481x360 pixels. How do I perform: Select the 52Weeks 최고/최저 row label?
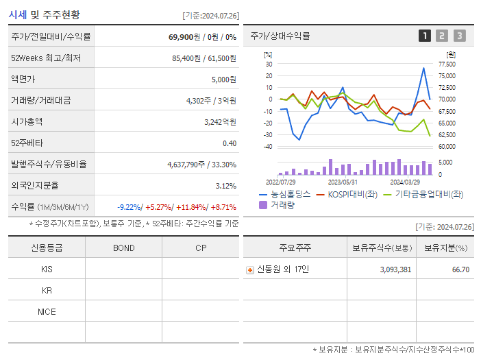(x=46, y=58)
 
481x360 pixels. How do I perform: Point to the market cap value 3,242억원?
(x=220, y=121)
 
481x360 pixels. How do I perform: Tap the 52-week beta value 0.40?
(x=229, y=143)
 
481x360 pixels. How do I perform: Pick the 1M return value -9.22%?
(x=130, y=206)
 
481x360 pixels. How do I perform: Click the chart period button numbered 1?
(x=425, y=36)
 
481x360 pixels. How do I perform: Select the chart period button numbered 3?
(x=459, y=36)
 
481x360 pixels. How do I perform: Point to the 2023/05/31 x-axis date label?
(x=343, y=182)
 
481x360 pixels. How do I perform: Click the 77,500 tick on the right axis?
(x=446, y=64)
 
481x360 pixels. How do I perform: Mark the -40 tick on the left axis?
(x=268, y=147)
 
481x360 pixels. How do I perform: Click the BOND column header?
(x=123, y=248)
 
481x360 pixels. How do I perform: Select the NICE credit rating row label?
(x=47, y=312)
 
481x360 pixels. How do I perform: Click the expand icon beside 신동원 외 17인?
(x=249, y=270)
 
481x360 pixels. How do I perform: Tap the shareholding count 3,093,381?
(x=395, y=269)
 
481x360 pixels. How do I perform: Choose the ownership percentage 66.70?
(x=460, y=269)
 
